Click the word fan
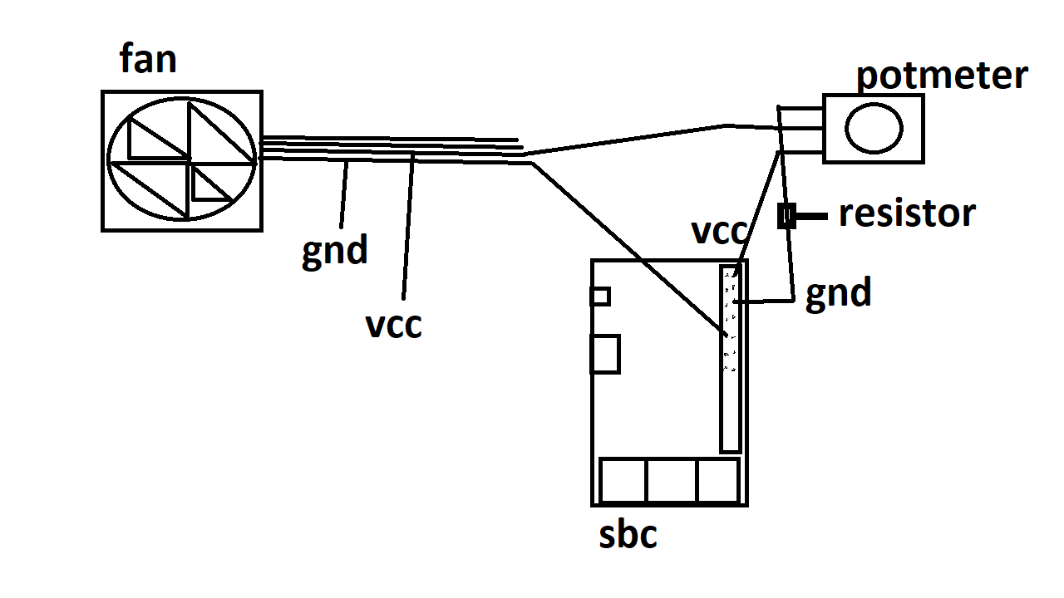[148, 60]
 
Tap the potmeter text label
[942, 76]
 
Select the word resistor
[906, 213]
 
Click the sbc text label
[628, 535]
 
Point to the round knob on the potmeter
[874, 128]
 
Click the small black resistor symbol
[786, 216]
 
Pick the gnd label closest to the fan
[334, 249]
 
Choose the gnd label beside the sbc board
[838, 293]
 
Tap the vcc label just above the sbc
[720, 231]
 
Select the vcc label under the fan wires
[394, 324]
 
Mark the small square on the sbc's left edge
[599, 296]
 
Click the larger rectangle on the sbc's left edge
[605, 354]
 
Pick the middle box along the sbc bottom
[672, 480]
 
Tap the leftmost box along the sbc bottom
[623, 480]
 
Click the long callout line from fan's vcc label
[408, 224]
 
